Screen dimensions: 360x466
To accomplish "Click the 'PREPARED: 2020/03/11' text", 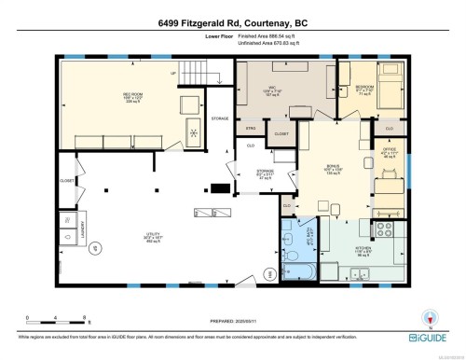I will pos(232,315).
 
